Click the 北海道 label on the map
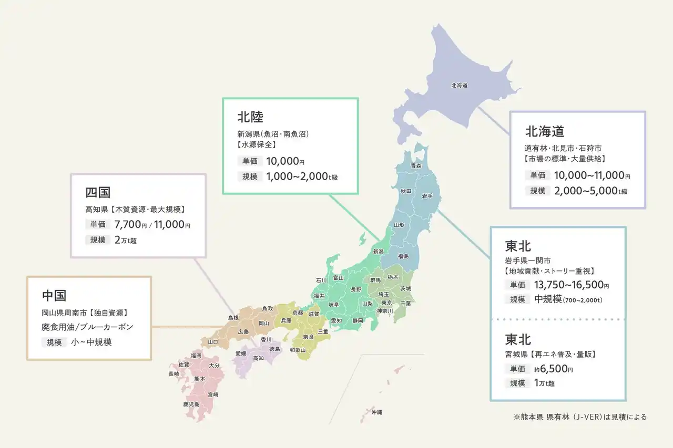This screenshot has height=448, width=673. point(459,85)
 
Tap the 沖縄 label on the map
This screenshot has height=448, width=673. point(376,412)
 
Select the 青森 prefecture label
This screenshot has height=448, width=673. point(415,165)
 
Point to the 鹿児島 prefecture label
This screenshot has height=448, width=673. point(191,404)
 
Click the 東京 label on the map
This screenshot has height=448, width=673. point(386,303)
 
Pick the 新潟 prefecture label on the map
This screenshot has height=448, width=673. point(378,252)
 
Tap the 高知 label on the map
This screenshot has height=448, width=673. point(258,358)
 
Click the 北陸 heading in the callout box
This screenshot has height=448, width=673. point(250,116)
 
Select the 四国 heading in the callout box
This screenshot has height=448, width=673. point(98,192)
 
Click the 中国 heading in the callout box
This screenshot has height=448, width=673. point(54,295)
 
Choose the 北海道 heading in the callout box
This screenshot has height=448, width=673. point(544,131)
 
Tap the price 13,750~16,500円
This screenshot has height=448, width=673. point(571,285)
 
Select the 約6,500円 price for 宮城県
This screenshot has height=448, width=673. point(553,369)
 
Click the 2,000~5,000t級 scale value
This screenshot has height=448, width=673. point(590,191)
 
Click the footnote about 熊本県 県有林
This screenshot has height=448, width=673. point(580,417)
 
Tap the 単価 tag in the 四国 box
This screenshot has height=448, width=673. point(98,225)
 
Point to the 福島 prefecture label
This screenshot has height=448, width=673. point(403,256)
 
